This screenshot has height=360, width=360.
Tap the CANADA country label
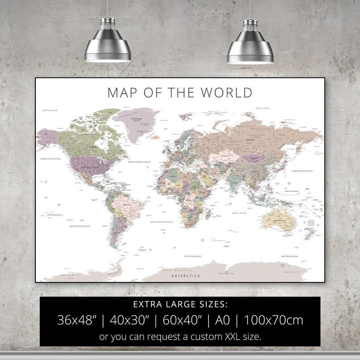[93, 147]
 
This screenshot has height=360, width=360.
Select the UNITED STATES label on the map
[90, 167]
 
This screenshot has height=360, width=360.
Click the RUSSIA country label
[250, 140]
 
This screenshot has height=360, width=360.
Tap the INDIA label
[234, 183]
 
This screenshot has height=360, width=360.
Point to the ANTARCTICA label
[185, 276]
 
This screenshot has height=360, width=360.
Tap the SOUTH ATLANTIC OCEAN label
[161, 222]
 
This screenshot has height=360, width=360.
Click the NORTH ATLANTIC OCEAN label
[139, 162]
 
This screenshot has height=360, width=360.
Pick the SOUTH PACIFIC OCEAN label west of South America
[79, 226]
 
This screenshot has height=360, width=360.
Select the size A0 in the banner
[223, 320]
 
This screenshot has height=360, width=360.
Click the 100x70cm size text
[273, 320]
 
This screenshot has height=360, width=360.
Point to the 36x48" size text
[77, 320]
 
